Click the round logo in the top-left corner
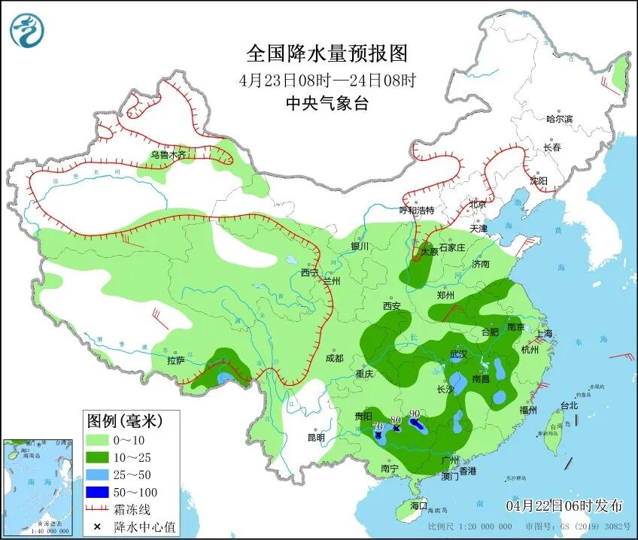(27, 31)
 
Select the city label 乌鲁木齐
(167, 155)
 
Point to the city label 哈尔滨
(559, 119)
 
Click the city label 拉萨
(175, 360)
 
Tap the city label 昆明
(316, 437)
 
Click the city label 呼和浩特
(417, 210)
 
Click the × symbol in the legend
(97, 526)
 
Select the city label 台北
(569, 405)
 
